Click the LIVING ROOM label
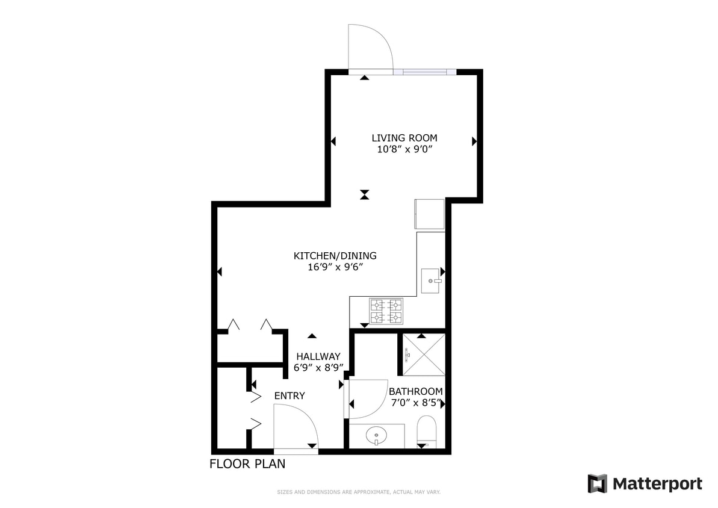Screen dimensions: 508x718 click(404, 138)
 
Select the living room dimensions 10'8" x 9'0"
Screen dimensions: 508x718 click(404, 150)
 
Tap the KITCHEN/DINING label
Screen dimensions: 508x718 click(335, 256)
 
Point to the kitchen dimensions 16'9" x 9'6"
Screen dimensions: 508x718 click(335, 267)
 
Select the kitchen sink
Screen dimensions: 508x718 click(431, 281)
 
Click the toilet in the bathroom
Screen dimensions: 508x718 click(427, 431)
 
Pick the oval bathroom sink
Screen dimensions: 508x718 click(377, 435)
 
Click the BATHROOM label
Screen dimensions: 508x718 click(415, 391)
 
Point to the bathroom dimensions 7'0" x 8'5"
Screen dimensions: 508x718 click(415, 403)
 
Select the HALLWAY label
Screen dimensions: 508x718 click(317, 356)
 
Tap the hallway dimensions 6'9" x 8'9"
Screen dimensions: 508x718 click(318, 368)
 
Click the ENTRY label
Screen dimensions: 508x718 click(289, 395)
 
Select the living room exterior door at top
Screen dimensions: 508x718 click(370, 48)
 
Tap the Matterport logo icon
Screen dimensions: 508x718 click(597, 483)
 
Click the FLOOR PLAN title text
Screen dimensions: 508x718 click(247, 464)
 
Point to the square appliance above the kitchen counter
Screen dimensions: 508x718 click(430, 214)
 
